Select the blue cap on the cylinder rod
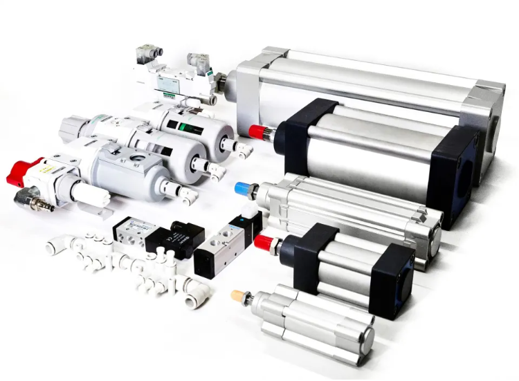pos(244,188)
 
